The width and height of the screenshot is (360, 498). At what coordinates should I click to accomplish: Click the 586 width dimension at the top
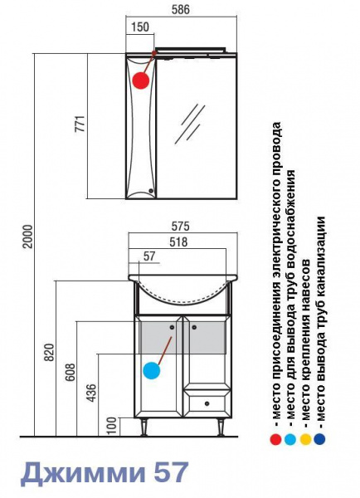(180, 9)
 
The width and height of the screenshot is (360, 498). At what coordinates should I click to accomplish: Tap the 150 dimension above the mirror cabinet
(139, 27)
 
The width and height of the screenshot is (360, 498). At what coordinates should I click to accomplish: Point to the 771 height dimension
(80, 124)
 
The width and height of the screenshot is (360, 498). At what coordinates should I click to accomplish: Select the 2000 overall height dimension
(27, 237)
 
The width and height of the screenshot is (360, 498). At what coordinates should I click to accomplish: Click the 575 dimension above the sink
(180, 226)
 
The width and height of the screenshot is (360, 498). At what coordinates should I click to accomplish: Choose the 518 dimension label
(178, 242)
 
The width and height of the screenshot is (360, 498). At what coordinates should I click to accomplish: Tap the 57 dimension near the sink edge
(148, 256)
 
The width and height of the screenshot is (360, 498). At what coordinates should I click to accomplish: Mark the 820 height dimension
(49, 353)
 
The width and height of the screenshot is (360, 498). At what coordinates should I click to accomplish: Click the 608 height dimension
(71, 372)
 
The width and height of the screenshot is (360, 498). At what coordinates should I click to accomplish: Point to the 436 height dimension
(91, 393)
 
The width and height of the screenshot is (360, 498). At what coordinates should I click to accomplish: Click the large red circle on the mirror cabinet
(141, 81)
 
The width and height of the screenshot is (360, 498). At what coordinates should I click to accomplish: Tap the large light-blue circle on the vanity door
(152, 370)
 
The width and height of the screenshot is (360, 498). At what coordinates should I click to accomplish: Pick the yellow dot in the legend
(305, 440)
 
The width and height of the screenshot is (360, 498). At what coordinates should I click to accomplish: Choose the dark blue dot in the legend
(319, 439)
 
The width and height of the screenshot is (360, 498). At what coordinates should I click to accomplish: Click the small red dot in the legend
(275, 440)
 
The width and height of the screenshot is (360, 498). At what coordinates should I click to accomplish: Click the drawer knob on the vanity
(207, 404)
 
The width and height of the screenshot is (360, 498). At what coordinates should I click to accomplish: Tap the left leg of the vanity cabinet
(144, 427)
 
